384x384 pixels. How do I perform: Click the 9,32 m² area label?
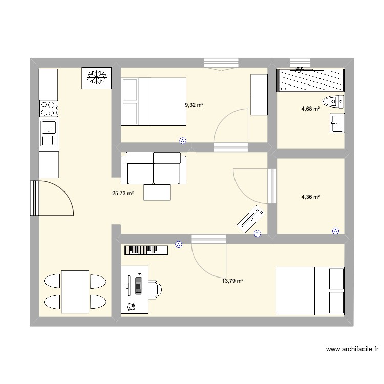tap(194, 105)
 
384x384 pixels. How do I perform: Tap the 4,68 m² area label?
tap(310, 109)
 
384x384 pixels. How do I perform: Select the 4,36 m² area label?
tap(310, 196)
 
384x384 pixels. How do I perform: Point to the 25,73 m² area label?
tap(123, 194)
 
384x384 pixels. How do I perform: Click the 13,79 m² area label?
tap(232, 281)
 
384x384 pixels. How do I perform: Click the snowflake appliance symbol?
tap(96, 78)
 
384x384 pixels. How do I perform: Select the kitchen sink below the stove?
tap(49, 133)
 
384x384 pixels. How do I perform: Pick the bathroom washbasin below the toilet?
tap(336, 123)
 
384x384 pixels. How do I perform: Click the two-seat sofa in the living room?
tap(154, 168)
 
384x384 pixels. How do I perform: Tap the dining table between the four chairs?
tap(75, 291)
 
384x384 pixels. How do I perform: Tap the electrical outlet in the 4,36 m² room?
tap(336, 231)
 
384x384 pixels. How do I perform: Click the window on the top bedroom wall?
tap(221, 63)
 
